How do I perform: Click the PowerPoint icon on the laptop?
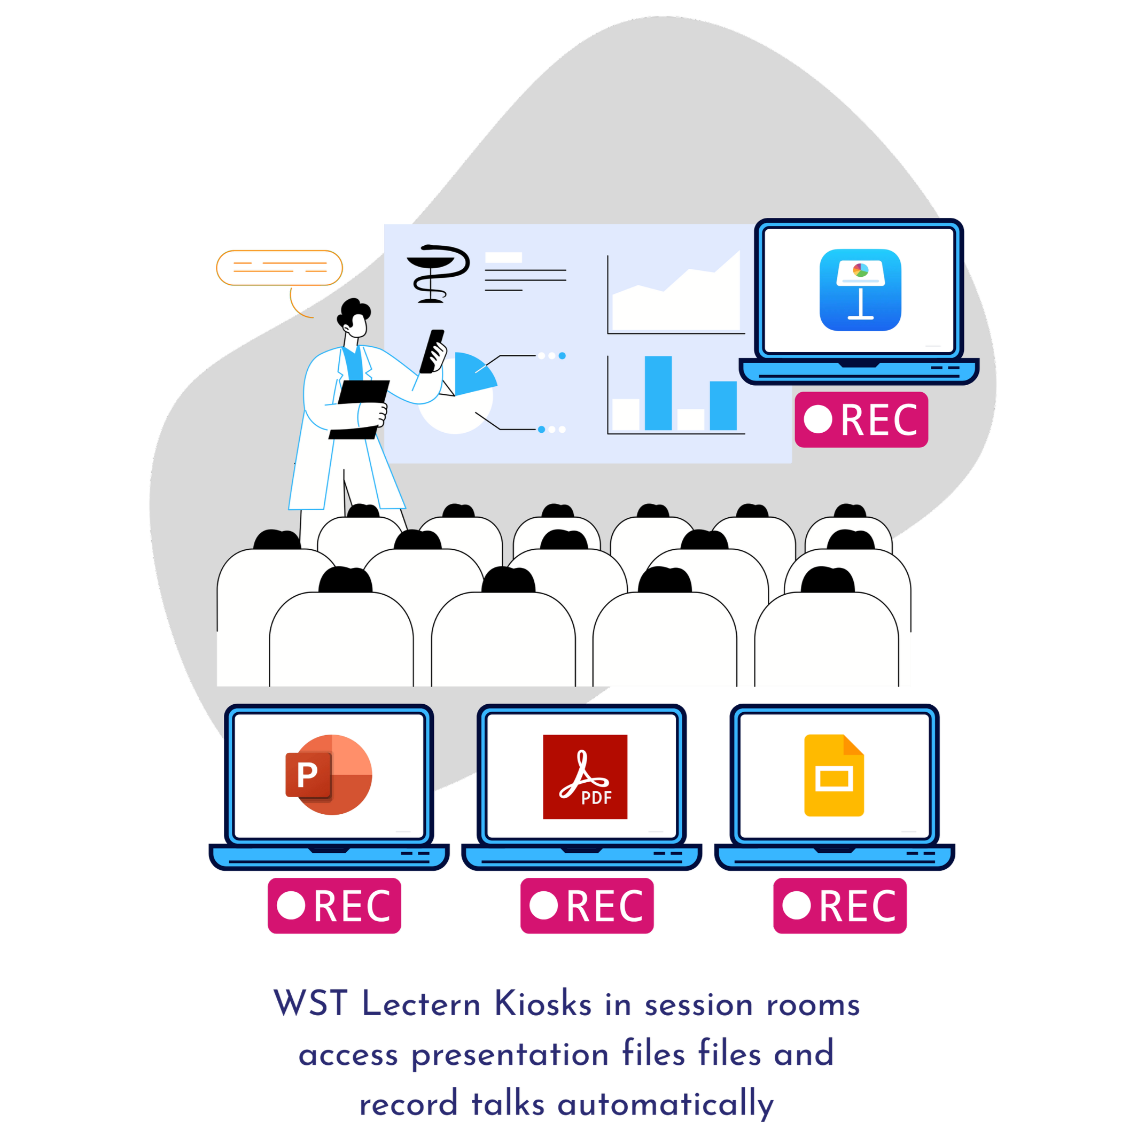click(x=329, y=775)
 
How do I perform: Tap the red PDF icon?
click(x=585, y=777)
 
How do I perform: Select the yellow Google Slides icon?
click(x=834, y=775)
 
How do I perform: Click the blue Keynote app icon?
click(x=860, y=290)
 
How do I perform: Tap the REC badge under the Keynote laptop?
click(x=861, y=419)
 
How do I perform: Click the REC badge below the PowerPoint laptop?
click(x=334, y=906)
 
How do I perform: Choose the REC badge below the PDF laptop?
click(x=587, y=906)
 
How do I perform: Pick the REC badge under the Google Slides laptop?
click(x=840, y=906)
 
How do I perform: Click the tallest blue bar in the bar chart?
click(x=658, y=392)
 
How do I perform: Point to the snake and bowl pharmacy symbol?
click(x=438, y=274)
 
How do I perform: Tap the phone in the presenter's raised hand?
click(x=432, y=351)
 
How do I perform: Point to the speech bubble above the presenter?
click(x=280, y=268)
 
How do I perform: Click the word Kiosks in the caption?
click(x=543, y=1004)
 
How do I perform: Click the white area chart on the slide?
click(x=676, y=299)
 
